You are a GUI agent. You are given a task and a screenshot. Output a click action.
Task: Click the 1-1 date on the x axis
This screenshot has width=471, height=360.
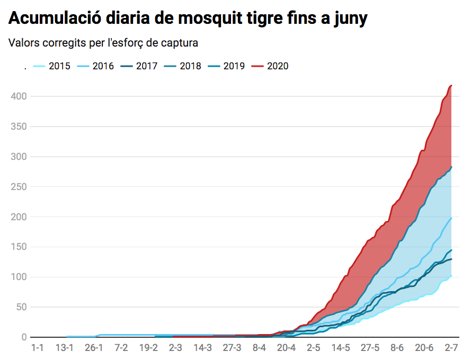click(37, 348)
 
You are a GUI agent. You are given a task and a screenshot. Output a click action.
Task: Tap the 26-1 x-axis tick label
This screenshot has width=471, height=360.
click(93, 348)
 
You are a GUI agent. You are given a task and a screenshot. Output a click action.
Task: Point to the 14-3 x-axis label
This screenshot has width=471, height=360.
click(202, 348)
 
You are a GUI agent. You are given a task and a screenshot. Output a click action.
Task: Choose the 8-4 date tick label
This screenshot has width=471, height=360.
click(259, 348)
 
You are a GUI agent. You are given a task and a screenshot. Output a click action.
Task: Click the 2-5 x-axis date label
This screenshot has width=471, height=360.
click(314, 348)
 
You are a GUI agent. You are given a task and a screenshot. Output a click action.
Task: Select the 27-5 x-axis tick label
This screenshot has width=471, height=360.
click(370, 348)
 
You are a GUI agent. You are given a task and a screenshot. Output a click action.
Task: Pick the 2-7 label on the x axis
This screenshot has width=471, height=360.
click(451, 348)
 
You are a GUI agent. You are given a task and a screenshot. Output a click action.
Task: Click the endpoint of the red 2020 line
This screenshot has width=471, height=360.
click(451, 85)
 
